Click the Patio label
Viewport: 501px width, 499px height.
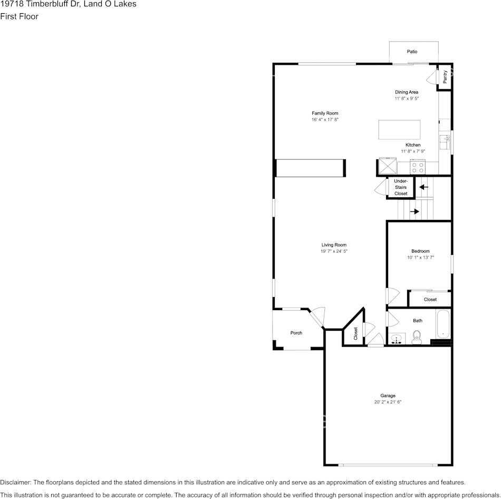point(412,52)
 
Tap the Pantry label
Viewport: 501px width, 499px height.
point(445,77)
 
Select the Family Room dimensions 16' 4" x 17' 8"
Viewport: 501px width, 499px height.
point(325,120)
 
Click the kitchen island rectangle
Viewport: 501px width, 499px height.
point(399,130)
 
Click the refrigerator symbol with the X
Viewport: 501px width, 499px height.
point(388,166)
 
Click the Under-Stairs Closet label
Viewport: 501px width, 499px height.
point(401,187)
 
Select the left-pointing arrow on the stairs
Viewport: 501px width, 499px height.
point(423,187)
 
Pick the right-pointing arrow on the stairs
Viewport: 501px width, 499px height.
point(415,212)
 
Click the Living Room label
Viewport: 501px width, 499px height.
point(334,245)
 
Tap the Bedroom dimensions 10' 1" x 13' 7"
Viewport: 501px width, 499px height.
point(420,257)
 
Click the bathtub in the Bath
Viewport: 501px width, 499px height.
point(443,324)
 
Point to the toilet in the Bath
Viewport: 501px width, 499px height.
point(417,338)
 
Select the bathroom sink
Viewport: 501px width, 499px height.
point(397,339)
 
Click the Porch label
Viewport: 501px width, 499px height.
point(296,333)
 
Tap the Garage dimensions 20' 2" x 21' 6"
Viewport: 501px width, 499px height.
point(388,402)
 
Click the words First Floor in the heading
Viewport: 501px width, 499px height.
point(19,16)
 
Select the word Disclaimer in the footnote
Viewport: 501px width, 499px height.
point(15,482)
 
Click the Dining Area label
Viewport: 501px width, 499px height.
point(407,92)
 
